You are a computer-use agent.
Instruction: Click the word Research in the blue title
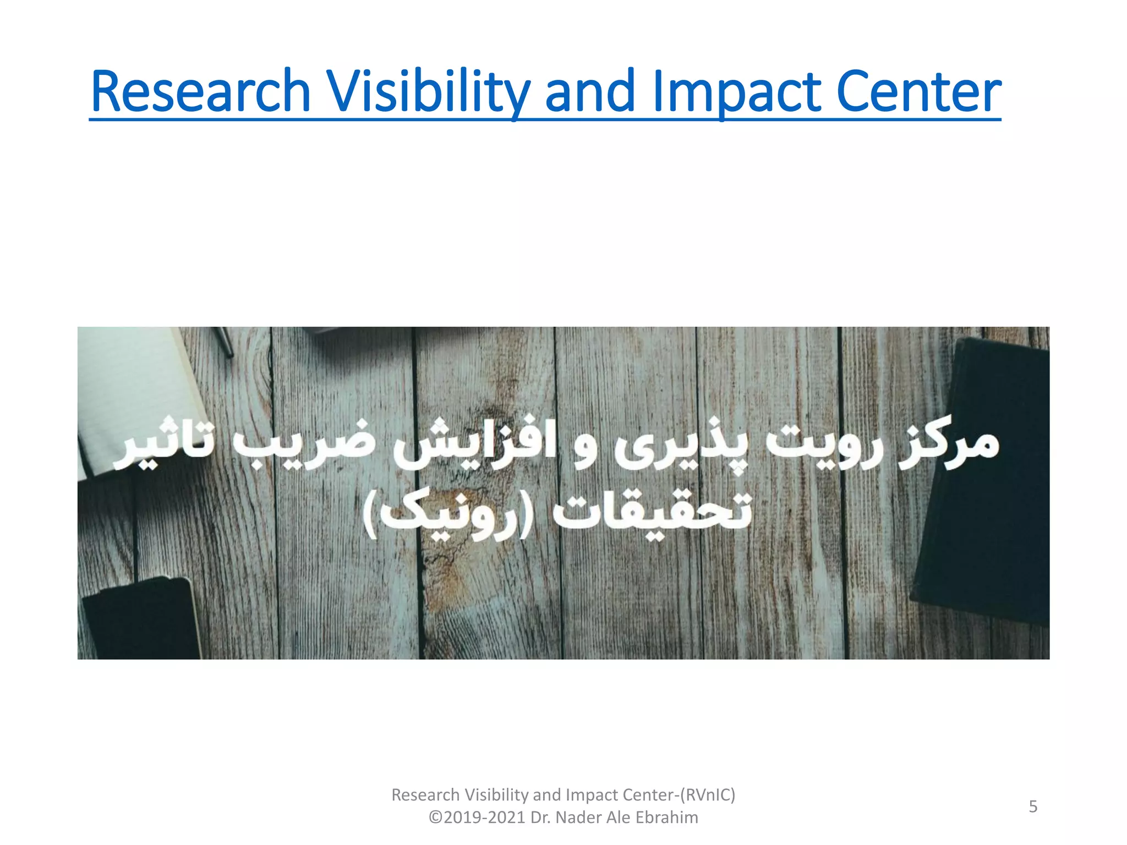point(201,91)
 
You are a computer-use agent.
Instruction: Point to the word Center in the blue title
point(918,91)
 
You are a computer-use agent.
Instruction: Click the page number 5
point(1033,806)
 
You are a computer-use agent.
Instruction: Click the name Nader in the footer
point(578,817)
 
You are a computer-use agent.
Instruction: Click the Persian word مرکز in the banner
point(949,448)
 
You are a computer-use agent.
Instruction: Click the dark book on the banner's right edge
point(985,479)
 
